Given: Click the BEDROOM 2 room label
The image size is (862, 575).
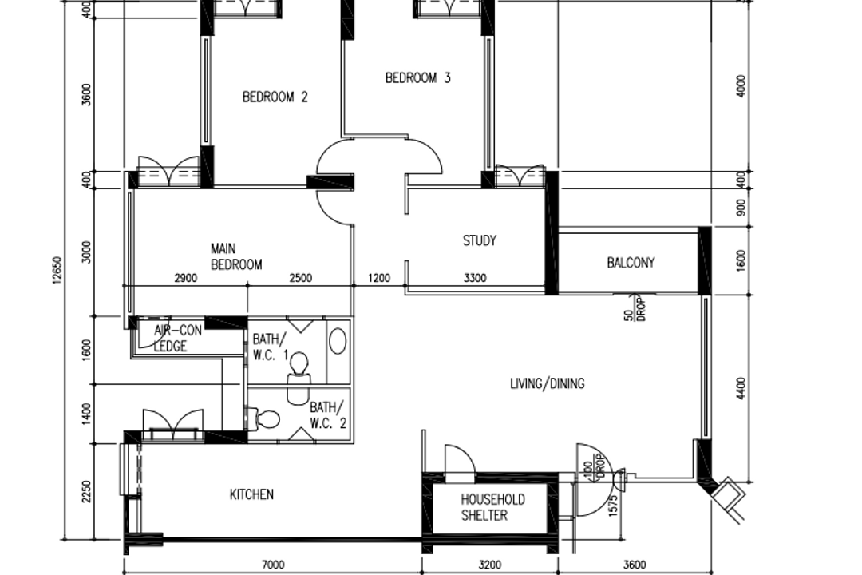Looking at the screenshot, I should [x=275, y=97].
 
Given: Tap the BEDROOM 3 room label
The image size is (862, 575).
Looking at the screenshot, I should [x=417, y=78].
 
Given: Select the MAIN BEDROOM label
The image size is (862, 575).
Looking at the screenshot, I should [x=235, y=257].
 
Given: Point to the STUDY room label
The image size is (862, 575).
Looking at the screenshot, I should [x=480, y=240].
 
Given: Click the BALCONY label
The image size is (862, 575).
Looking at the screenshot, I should [x=631, y=263].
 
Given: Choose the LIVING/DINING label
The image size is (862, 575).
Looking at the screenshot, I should [x=547, y=384].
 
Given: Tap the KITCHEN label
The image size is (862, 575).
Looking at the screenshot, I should [x=251, y=495].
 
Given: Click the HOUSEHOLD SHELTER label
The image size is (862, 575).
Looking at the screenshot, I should [x=492, y=507].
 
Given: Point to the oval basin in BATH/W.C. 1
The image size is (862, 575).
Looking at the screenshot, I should [x=338, y=342].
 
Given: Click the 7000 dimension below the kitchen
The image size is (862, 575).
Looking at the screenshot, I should [x=273, y=565].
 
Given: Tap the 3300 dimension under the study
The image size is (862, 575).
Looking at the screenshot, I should [x=476, y=279].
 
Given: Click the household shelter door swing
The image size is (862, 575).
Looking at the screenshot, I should [x=457, y=461].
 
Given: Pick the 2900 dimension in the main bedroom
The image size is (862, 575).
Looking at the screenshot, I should [x=185, y=279].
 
